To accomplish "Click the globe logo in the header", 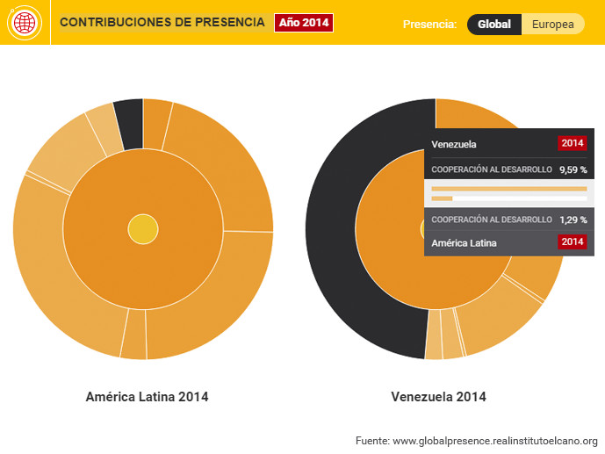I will coord(25,23).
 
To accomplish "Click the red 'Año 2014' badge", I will coord(304,23).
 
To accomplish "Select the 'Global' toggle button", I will coord(494,25).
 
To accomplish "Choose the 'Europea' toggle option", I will coord(553,25).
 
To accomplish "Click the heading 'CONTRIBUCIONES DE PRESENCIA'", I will coord(162,22).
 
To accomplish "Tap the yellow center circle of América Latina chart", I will coord(142,229).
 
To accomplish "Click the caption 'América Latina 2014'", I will coord(147,397).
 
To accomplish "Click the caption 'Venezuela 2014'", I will coord(438,397).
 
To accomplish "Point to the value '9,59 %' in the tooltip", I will coord(573,169).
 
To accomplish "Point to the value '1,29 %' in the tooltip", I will coord(573,220).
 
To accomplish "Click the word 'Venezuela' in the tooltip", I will coord(455,143).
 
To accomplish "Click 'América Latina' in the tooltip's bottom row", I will coord(465,242).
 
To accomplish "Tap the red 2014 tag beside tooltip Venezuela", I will coord(572,143).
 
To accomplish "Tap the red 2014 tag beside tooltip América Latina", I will coord(572,242).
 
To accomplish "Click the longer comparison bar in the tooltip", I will coord(509,189).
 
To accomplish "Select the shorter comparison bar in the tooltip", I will coord(442,198).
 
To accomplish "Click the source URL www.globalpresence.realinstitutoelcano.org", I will coord(494,440).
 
